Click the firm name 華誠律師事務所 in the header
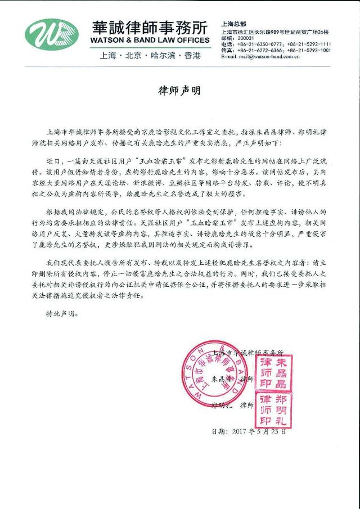click(x=148, y=28)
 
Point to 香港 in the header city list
click(x=195, y=56)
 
